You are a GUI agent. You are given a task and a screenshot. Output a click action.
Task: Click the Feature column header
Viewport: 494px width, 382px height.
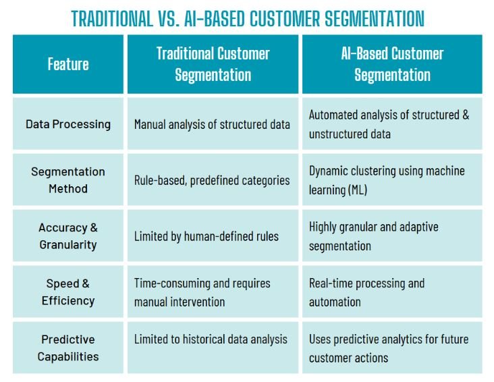(x=68, y=65)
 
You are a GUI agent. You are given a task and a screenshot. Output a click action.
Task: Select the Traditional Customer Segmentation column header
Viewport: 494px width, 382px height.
(x=213, y=64)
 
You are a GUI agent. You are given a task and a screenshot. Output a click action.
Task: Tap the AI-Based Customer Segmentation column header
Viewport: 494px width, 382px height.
(x=392, y=64)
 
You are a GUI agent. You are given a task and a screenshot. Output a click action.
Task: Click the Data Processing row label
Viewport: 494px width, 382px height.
(x=68, y=124)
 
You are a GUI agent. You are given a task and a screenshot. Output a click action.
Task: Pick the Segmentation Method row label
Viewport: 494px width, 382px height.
(x=68, y=180)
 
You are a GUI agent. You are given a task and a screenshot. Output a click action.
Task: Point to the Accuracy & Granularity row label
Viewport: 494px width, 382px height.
(x=68, y=236)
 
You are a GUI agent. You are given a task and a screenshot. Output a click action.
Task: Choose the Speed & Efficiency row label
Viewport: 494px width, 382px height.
(x=68, y=292)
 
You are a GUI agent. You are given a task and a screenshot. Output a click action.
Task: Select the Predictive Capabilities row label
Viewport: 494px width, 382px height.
(x=68, y=348)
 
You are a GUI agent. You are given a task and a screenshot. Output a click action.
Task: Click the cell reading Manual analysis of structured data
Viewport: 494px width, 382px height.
(x=212, y=124)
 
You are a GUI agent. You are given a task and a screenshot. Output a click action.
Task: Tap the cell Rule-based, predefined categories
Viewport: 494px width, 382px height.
(x=212, y=180)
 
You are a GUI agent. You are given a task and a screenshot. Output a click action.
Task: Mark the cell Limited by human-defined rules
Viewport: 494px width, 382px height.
(x=207, y=236)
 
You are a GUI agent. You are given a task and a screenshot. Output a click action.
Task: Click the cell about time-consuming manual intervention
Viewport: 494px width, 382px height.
(x=202, y=292)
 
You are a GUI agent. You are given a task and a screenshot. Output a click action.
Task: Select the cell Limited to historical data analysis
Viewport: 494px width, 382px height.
(x=211, y=339)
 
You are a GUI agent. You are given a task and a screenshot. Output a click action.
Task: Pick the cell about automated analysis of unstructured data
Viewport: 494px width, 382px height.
(x=389, y=124)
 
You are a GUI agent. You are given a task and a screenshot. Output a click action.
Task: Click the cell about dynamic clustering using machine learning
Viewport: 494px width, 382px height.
(x=387, y=180)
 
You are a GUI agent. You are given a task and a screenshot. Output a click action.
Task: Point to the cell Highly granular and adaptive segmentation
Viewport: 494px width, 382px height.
(x=374, y=236)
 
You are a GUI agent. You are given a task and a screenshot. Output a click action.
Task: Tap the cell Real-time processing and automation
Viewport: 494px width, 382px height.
(x=366, y=292)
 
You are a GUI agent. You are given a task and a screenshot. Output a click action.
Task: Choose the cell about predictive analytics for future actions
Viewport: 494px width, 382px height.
(x=388, y=348)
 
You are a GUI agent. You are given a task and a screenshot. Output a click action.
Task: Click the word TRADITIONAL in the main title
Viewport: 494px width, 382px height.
(x=112, y=18)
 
